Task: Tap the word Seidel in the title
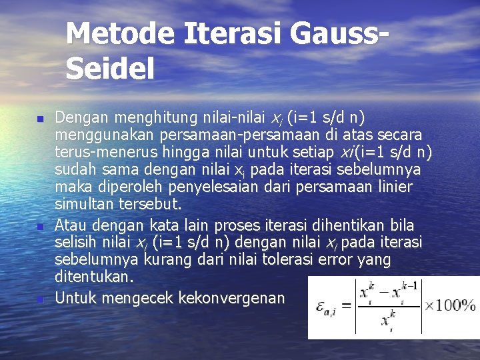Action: [x=110, y=68]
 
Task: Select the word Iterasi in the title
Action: [x=233, y=33]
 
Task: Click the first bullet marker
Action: [x=39, y=119]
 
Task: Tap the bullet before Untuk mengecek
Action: [x=39, y=299]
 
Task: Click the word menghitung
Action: [x=146, y=119]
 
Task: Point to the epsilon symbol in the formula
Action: [x=323, y=306]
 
